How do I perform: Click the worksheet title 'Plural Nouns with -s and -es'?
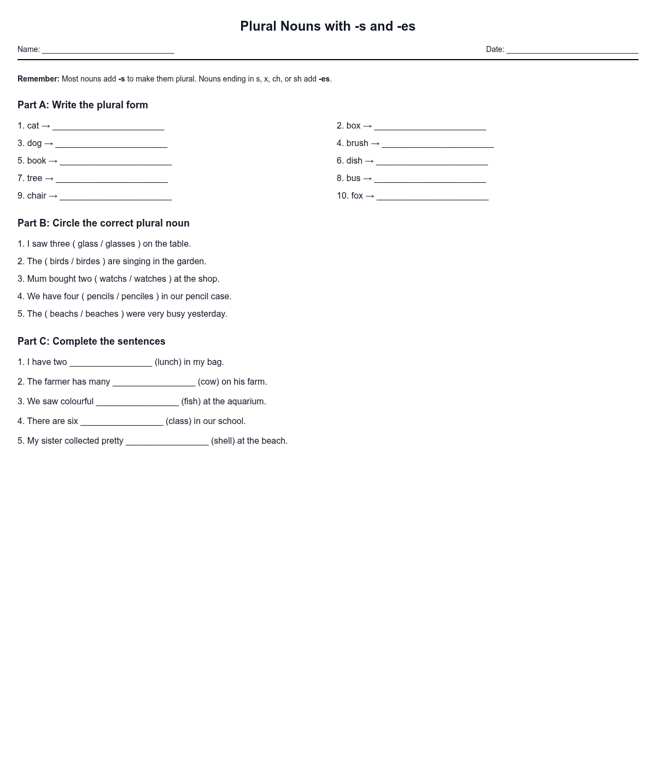(327, 26)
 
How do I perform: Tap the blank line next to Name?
(108, 50)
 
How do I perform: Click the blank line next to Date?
(572, 50)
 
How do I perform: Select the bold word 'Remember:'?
(38, 79)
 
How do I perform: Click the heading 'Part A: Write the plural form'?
(83, 105)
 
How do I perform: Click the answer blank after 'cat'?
(108, 127)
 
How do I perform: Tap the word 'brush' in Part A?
(357, 143)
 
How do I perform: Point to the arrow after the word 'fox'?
(370, 196)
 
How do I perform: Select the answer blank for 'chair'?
(115, 197)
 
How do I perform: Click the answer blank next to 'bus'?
(430, 179)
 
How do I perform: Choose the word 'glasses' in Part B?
(120, 244)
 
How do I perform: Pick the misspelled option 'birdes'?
(88, 262)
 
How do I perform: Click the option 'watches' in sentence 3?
(150, 279)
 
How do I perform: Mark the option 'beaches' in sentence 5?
(102, 314)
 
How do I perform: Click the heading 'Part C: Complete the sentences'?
(91, 341)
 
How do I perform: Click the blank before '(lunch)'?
(111, 363)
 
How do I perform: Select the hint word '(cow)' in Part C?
(208, 382)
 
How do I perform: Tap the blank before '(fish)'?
(137, 403)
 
